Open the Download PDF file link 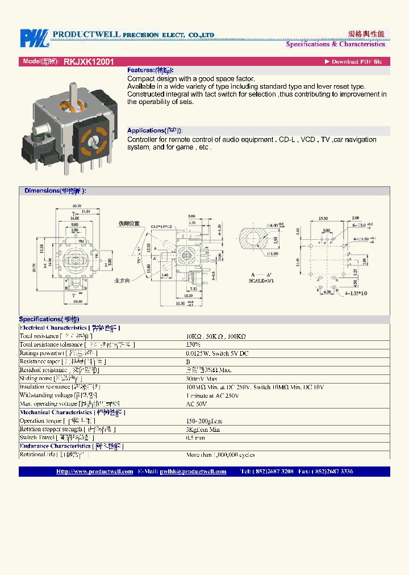tap(353, 61)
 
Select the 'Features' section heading tap(150, 70)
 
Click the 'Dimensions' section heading tap(55, 191)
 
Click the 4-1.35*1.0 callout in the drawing tap(354, 293)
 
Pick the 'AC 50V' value tap(197, 404)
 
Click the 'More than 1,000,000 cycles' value tap(220, 455)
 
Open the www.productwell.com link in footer tap(94, 472)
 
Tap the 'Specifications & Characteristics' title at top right tap(335, 44)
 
